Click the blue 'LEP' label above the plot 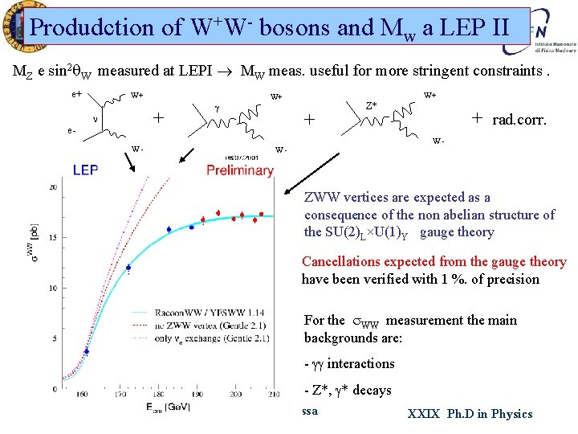pyautogui.click(x=86, y=170)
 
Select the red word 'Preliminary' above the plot pyautogui.click(x=239, y=170)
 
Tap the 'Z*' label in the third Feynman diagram pyautogui.click(x=372, y=105)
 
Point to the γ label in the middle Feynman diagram pyautogui.click(x=218, y=106)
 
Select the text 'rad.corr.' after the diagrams pyautogui.click(x=519, y=120)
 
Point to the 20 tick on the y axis pyautogui.click(x=52, y=187)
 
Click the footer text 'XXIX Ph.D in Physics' pyautogui.click(x=470, y=414)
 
